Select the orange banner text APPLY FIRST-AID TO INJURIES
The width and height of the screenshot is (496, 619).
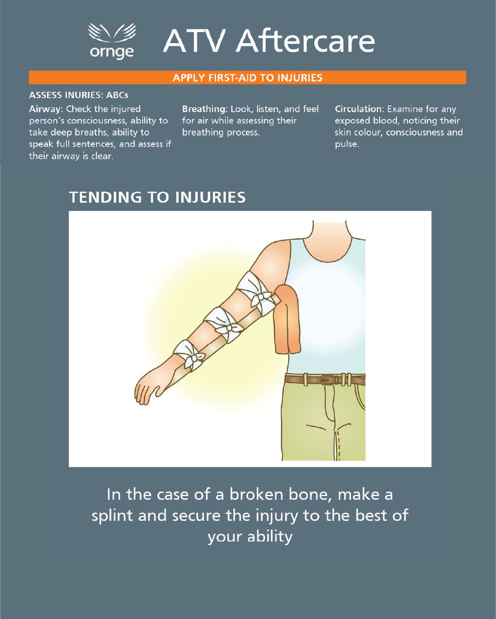[x=247, y=78]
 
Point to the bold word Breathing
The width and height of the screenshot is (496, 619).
[x=204, y=109]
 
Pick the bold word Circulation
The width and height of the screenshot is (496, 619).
[x=358, y=109]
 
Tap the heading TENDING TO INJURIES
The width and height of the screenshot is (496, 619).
[x=157, y=198]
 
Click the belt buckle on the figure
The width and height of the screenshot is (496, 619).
[x=326, y=380]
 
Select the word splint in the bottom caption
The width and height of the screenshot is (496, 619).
[x=113, y=516]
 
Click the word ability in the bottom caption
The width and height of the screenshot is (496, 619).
[x=270, y=537]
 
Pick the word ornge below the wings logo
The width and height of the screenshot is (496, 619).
[x=111, y=52]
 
